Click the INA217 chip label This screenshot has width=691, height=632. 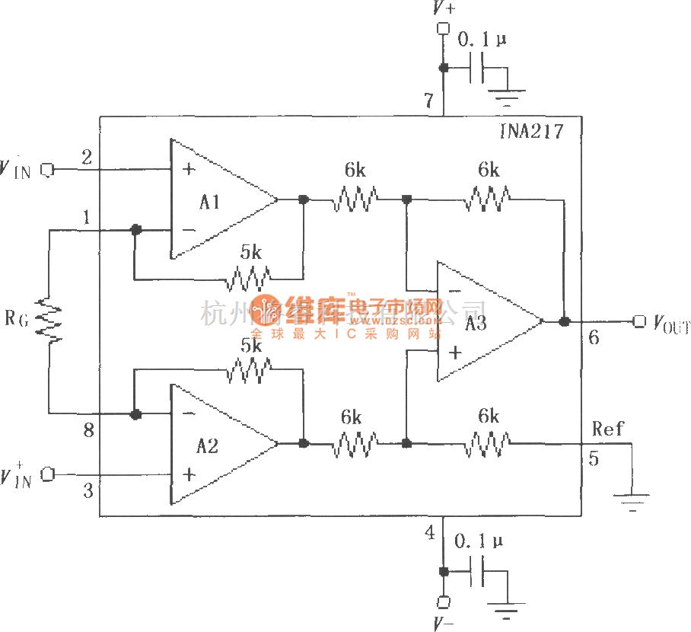click(x=533, y=131)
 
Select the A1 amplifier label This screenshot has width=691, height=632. click(x=211, y=202)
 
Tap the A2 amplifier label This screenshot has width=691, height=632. click(x=207, y=445)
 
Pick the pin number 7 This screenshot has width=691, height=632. click(x=428, y=100)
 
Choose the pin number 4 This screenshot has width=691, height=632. click(x=429, y=533)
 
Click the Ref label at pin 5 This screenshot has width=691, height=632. click(x=608, y=429)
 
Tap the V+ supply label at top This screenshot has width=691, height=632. click(x=444, y=9)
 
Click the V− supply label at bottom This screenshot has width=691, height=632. click(x=444, y=624)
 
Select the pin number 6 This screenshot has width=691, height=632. click(x=594, y=338)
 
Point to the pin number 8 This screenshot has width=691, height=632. click(x=88, y=432)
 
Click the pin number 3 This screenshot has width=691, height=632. click(x=88, y=492)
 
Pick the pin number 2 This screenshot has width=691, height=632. click(x=86, y=157)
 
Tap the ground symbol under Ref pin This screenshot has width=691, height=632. click(x=632, y=501)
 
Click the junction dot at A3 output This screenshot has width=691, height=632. click(x=564, y=321)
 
